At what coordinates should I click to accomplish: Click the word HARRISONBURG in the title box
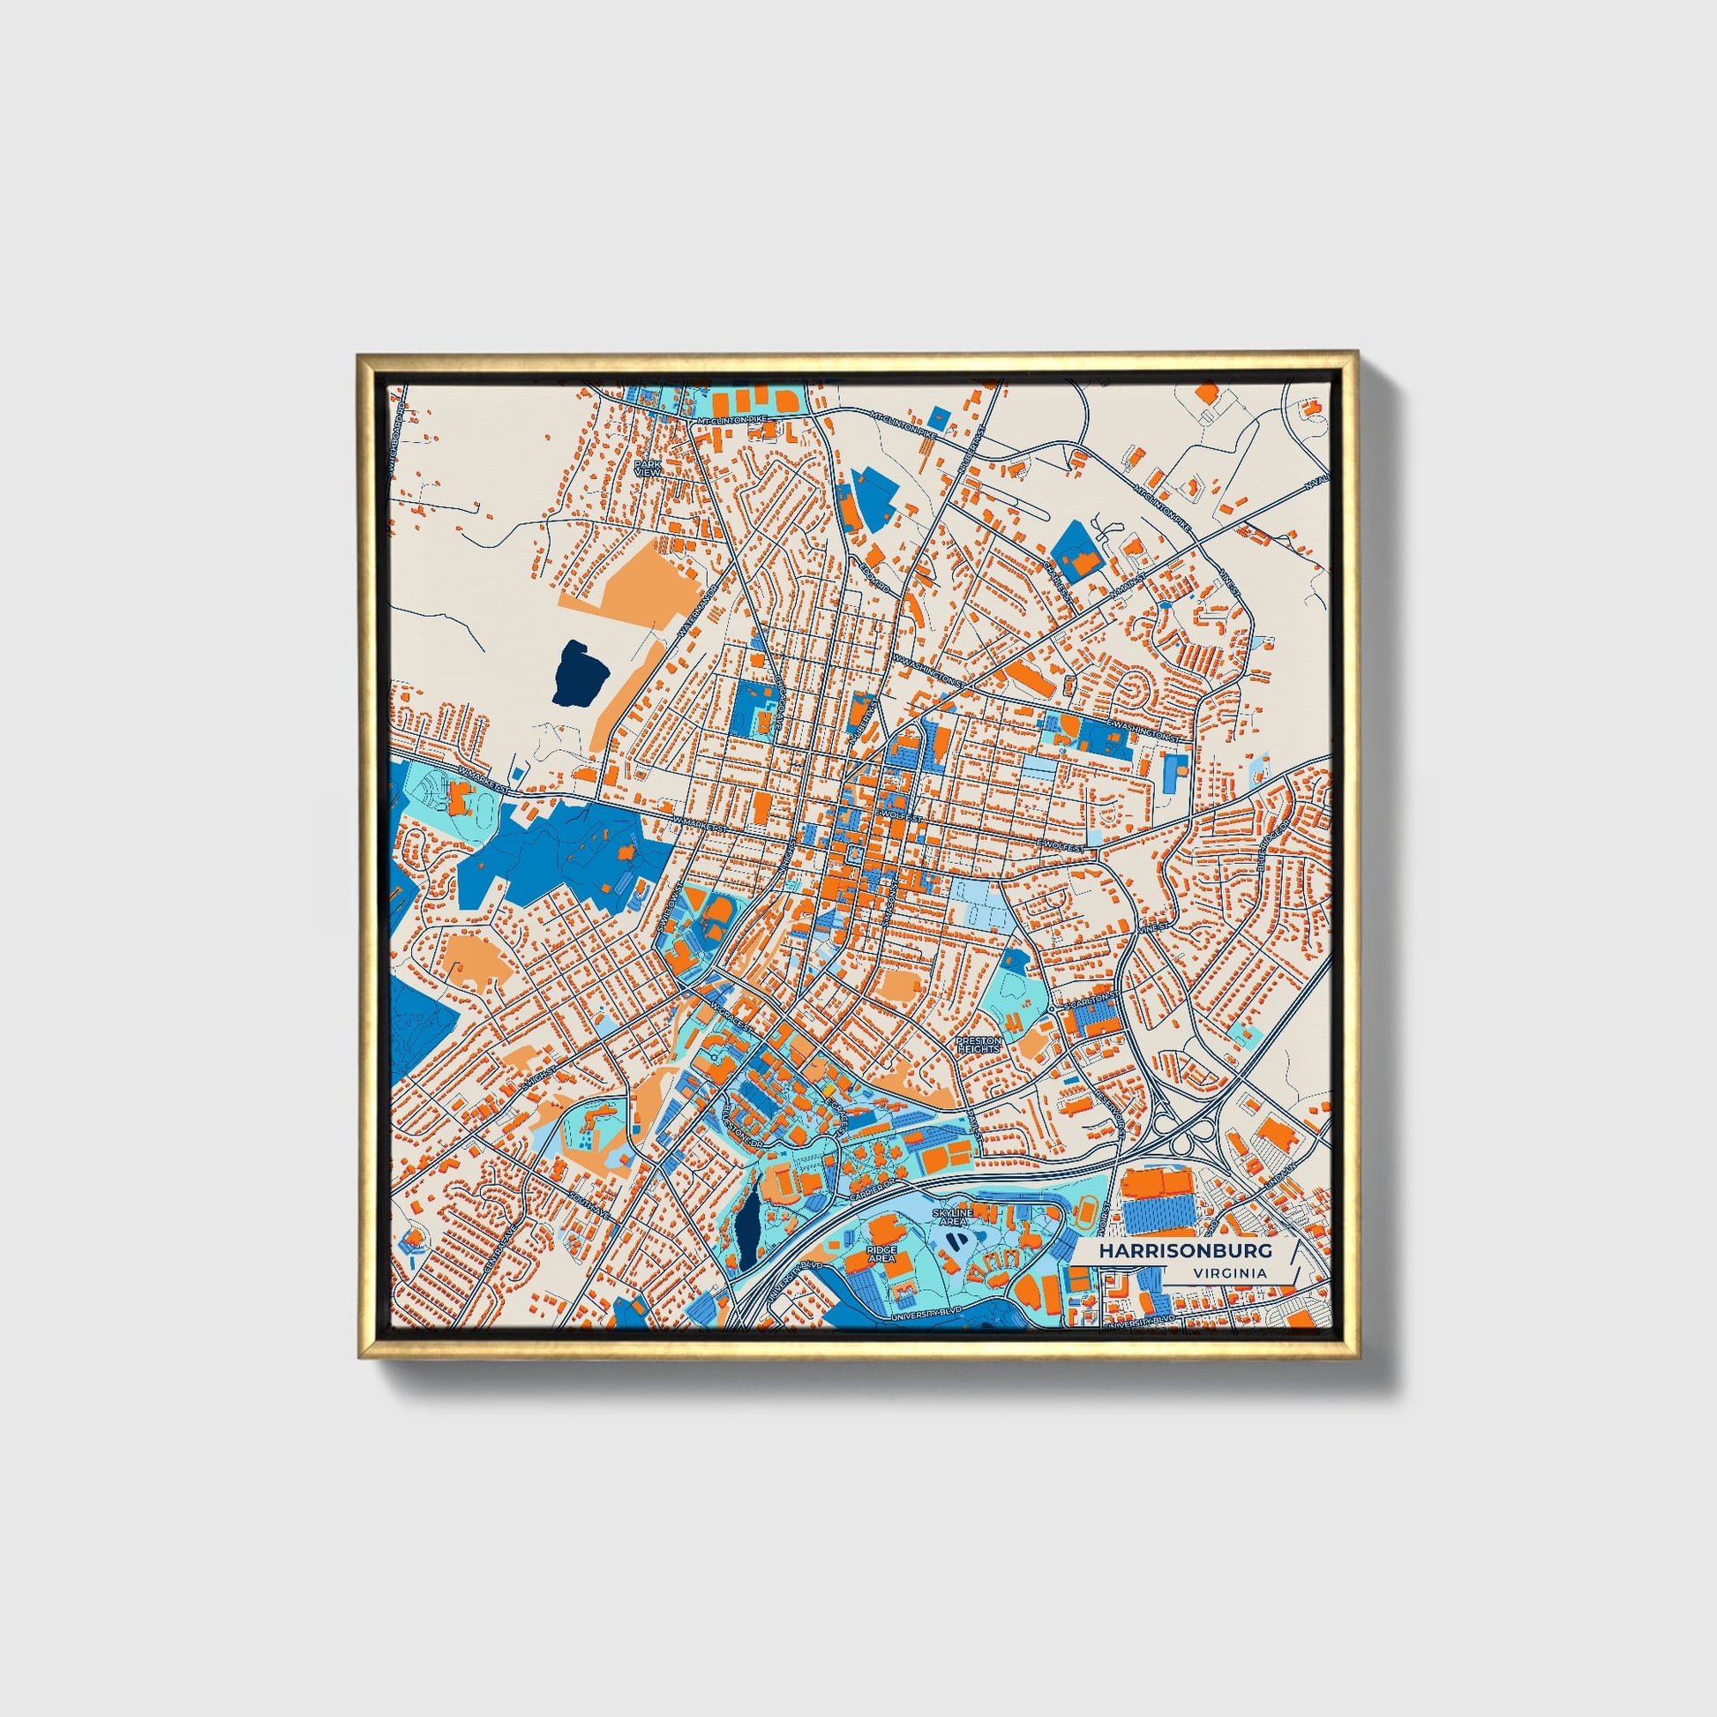click(1185, 1250)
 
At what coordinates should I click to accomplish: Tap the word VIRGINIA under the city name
click(1231, 1272)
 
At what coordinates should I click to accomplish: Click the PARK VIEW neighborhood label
click(647, 468)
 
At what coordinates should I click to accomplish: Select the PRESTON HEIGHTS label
click(978, 1045)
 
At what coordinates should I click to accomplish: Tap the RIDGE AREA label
click(881, 1252)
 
